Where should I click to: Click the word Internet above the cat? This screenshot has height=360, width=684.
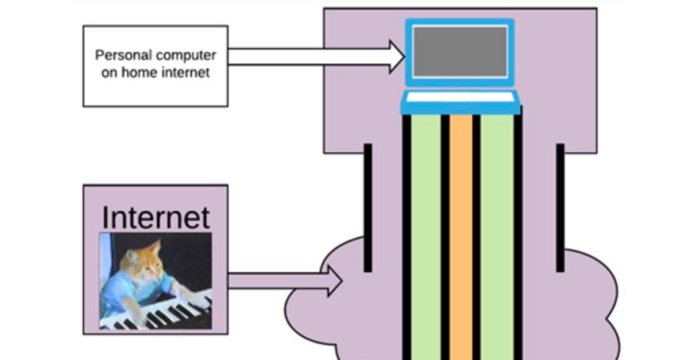tap(156, 217)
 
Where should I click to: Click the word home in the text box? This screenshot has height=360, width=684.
tap(146, 72)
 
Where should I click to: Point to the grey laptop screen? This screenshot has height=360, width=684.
tap(461, 51)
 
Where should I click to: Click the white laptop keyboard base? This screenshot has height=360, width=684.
tap(461, 103)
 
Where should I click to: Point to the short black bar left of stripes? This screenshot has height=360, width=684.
tap(368, 208)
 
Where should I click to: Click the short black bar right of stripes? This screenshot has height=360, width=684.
tap(560, 208)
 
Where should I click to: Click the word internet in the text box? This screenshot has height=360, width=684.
tap(186, 72)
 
